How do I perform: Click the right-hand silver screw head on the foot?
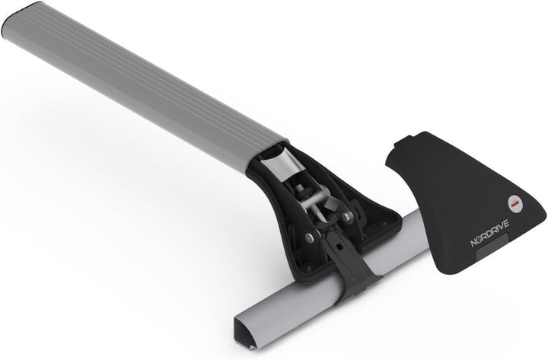click(x=347, y=217)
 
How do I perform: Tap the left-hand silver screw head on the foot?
click(x=309, y=238)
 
